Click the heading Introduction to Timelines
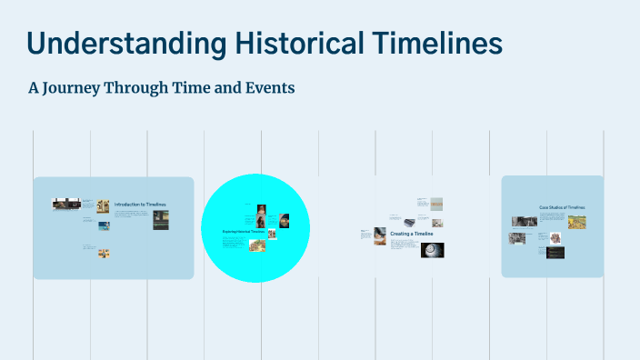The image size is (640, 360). pyautogui.click(x=140, y=205)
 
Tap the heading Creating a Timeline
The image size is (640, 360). pyautogui.click(x=412, y=234)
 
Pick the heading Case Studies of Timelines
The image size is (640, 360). pyautogui.click(x=562, y=207)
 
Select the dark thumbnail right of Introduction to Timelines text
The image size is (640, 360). pyautogui.click(x=160, y=220)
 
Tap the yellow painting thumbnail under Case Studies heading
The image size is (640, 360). pyautogui.click(x=576, y=222)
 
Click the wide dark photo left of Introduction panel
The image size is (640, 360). pyautogui.click(x=66, y=205)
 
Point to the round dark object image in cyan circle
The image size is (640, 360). pyautogui.click(x=285, y=220)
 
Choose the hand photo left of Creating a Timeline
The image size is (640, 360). pyautogui.click(x=379, y=233)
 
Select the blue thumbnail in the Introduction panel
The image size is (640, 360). pyautogui.click(x=105, y=225)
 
